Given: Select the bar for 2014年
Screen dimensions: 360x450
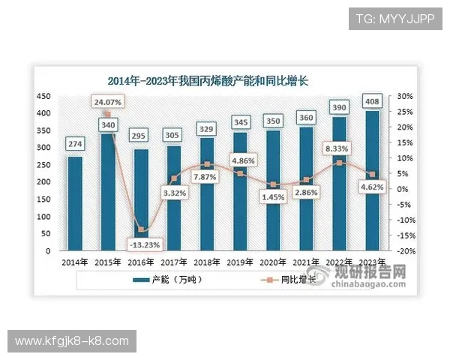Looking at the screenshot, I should pyautogui.click(x=75, y=203).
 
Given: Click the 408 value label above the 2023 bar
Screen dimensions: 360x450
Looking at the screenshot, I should pyautogui.click(x=371, y=100).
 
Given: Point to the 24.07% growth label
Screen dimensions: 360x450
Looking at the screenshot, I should pyautogui.click(x=107, y=101).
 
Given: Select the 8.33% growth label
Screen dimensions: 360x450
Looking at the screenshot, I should pyautogui.click(x=339, y=149).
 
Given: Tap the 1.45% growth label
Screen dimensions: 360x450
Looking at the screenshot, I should pyautogui.click(x=271, y=196).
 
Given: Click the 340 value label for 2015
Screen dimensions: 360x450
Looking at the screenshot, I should pyautogui.click(x=107, y=124).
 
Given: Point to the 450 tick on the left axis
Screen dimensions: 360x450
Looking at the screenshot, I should pyautogui.click(x=44, y=97).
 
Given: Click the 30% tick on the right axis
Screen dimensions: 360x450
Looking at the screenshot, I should pyautogui.click(x=405, y=97).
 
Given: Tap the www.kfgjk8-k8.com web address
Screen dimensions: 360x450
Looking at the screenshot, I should pyautogui.click(x=72, y=341).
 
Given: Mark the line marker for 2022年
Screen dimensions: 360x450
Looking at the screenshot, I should pyautogui.click(x=339, y=163).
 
